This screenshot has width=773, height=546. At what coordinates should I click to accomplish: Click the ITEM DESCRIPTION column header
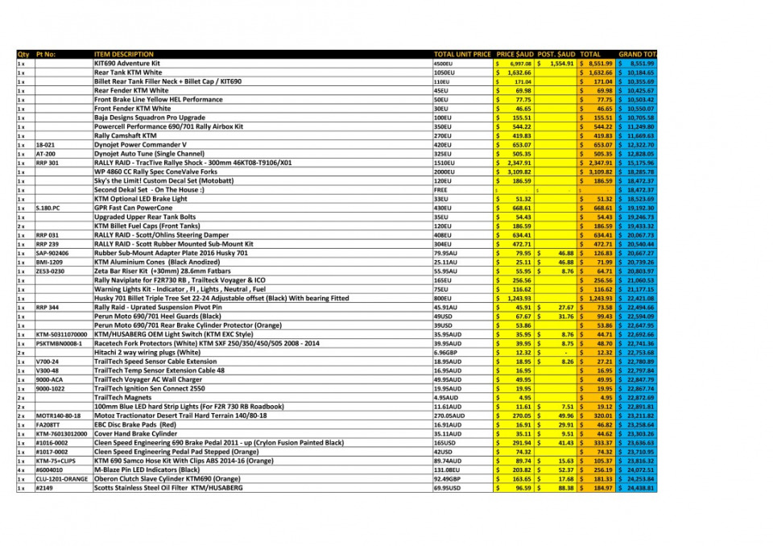pos(124,54)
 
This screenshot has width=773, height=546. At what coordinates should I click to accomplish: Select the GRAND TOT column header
pos(637,54)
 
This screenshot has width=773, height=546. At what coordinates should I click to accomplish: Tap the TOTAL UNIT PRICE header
pos(462,54)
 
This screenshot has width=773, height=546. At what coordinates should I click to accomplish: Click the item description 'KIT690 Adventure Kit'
pos(127,63)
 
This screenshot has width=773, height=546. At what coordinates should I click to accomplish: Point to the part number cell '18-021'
pos(45,144)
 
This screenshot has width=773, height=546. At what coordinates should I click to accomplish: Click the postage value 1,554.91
pos(556,63)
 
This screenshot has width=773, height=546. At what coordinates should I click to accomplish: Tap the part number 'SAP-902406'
pos(52,253)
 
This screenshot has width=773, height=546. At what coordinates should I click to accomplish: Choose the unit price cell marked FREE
pos(441,190)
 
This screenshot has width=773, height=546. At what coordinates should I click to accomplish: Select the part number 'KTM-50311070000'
pos(61,334)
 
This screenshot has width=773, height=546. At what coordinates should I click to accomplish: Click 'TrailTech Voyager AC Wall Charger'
pos(148,379)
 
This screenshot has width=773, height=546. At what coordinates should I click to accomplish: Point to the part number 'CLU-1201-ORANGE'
pos(62,478)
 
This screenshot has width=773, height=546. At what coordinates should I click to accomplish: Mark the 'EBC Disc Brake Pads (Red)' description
pos(134,424)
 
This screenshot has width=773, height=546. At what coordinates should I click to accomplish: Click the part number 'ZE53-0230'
pos(51,271)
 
